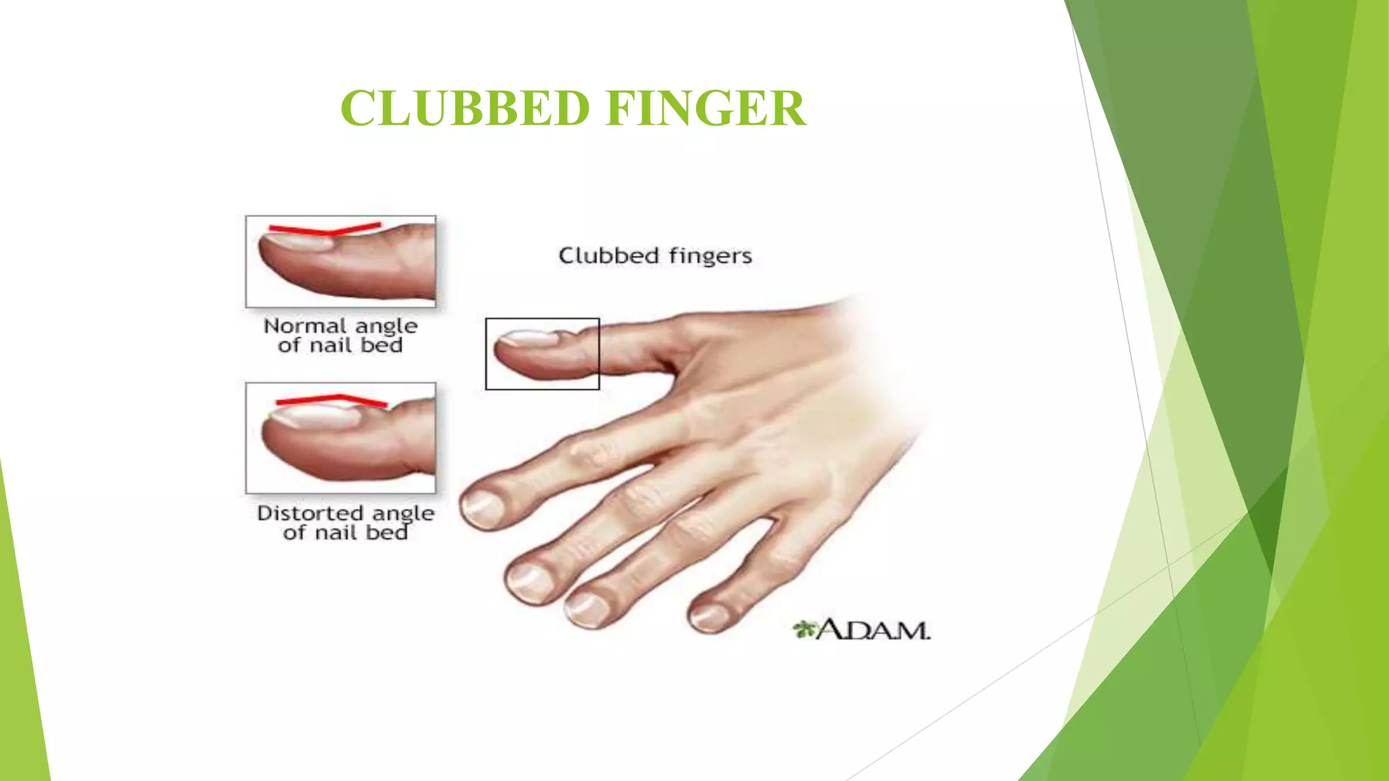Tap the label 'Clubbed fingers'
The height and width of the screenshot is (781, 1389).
(x=655, y=256)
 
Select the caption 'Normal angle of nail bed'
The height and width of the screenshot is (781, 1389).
(x=340, y=336)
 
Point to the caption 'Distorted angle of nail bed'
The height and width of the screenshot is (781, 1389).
(x=346, y=523)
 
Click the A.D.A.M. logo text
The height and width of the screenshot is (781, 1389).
(x=874, y=630)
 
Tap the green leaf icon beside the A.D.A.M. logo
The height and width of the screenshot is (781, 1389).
(x=805, y=629)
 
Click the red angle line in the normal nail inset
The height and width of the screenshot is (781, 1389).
(x=326, y=230)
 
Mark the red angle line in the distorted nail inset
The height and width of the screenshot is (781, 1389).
(x=332, y=400)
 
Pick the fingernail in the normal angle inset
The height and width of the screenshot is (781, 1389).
(x=298, y=241)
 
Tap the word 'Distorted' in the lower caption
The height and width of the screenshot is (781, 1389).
(x=310, y=513)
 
